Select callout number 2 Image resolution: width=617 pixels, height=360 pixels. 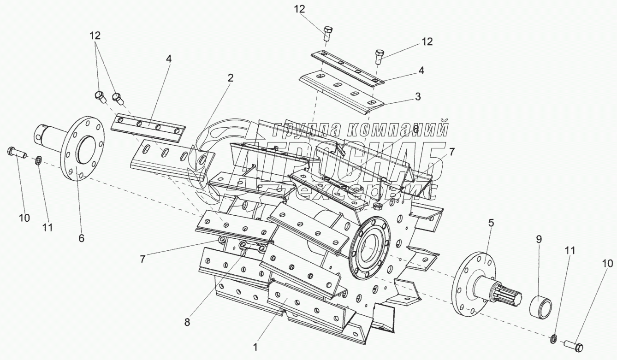click(x=230, y=78)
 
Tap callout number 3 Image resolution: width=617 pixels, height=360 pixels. click(x=417, y=96)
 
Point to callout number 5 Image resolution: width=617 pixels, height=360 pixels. click(x=491, y=223)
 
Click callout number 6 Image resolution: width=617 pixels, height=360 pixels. click(x=81, y=238)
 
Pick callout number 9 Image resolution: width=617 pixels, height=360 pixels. click(x=539, y=239)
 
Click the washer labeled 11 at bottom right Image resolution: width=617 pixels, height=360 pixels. click(x=553, y=340)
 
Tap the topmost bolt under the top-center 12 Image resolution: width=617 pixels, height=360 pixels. click(x=327, y=33)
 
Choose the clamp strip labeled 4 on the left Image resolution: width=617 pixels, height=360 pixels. click(x=148, y=127)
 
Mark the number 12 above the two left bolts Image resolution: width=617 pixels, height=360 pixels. click(x=95, y=35)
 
